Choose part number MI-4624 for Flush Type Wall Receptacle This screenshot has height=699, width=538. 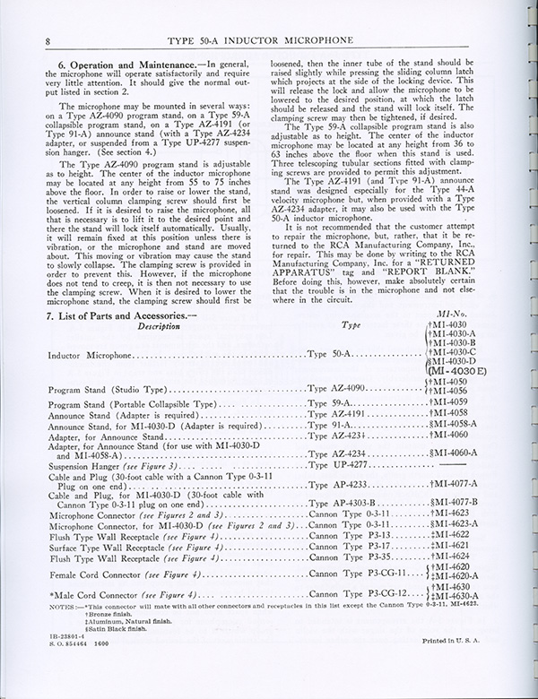(x=454, y=556)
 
